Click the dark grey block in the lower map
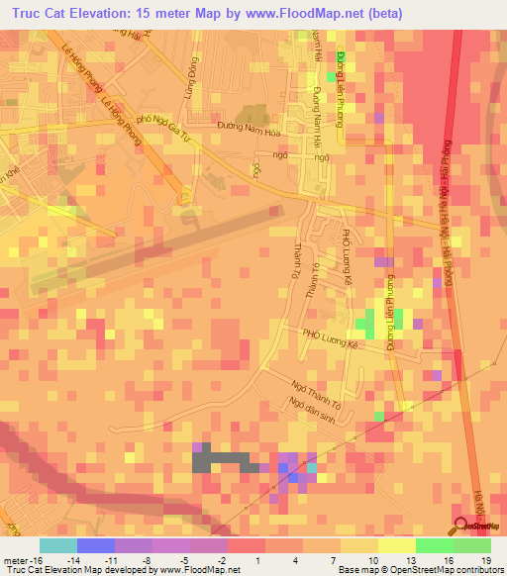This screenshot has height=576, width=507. point(222,459)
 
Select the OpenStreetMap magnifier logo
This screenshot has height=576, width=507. point(461,525)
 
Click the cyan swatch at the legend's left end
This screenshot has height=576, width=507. point(58,545)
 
